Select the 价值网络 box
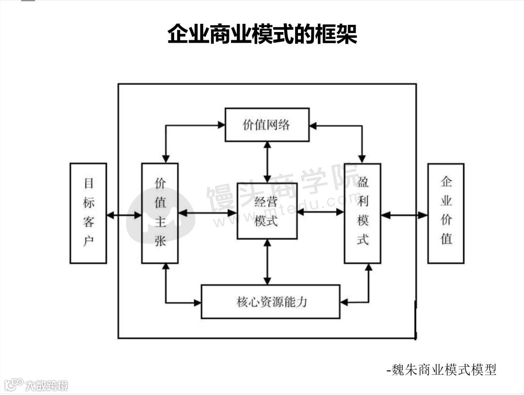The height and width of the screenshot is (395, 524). (267, 125)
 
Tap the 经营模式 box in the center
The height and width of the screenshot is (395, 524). (266, 211)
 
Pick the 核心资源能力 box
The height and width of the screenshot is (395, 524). (270, 301)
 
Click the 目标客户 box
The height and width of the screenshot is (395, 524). (88, 213)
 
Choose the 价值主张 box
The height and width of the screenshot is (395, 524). (160, 213)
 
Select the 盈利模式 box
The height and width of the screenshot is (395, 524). (362, 213)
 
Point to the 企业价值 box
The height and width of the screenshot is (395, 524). (445, 213)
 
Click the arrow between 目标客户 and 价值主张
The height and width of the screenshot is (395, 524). (124, 214)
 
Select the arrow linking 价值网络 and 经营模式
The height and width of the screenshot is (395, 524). (267, 162)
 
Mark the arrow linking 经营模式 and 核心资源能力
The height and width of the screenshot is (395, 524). (267, 262)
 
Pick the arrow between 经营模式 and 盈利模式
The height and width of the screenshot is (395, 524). (321, 212)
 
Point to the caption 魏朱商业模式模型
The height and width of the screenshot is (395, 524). (442, 370)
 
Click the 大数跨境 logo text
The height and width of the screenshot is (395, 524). (47, 386)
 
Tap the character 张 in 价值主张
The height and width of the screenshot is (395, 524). (160, 240)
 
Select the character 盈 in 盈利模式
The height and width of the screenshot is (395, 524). (362, 183)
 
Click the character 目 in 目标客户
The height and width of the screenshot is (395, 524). (88, 183)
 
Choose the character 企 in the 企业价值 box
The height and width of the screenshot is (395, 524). (445, 182)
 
